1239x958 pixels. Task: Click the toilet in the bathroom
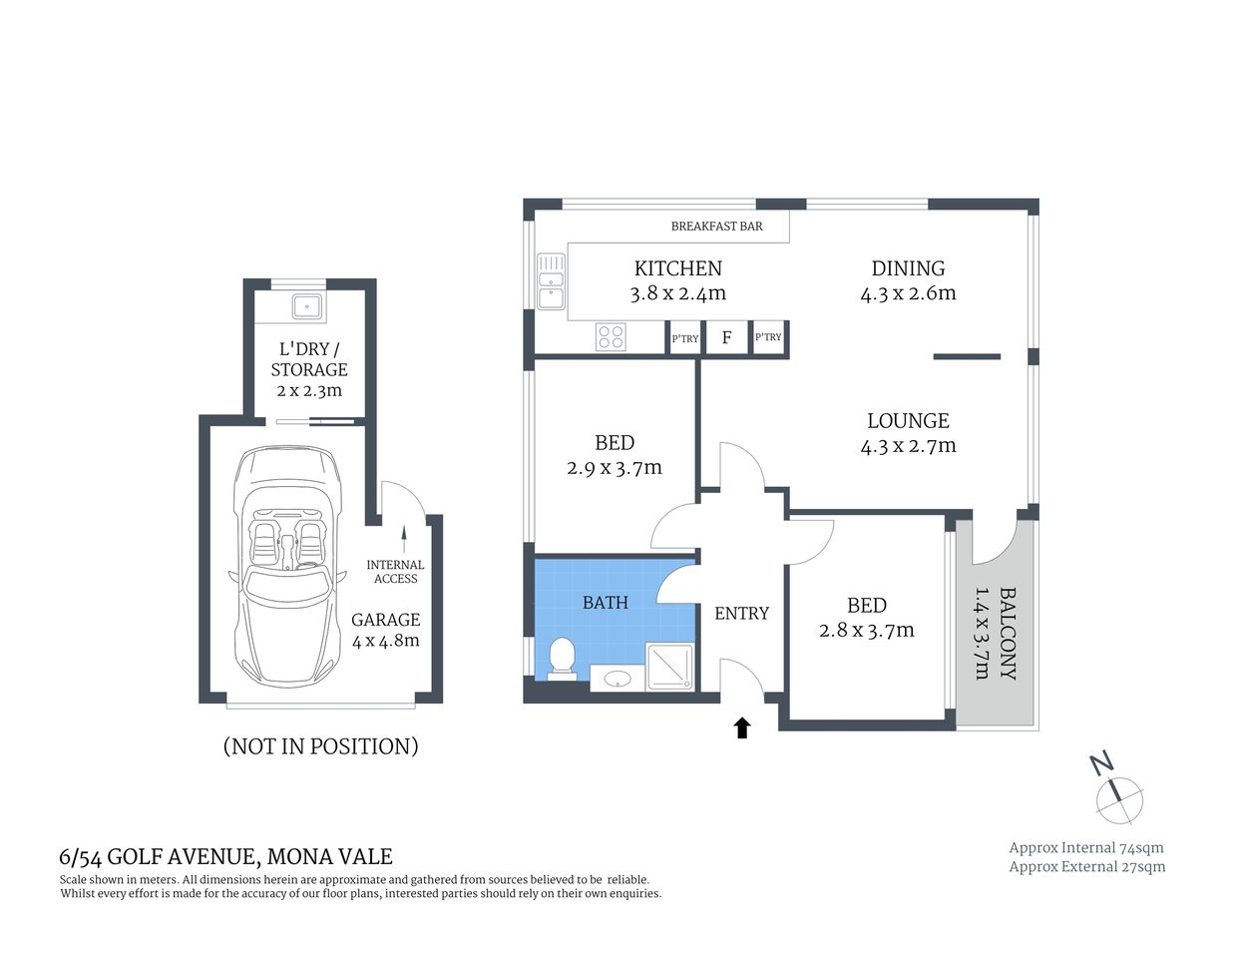563,659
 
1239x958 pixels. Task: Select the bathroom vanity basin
618,680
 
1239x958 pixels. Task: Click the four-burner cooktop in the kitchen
611,337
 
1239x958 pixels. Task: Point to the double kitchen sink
550,281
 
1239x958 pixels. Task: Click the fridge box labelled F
726,337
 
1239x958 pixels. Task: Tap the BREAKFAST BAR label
716,227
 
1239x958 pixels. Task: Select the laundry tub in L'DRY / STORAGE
306,306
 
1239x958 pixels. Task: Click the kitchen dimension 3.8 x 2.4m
677,293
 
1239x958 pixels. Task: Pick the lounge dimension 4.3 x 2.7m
908,446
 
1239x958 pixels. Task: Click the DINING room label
908,267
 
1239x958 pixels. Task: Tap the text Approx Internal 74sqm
1085,847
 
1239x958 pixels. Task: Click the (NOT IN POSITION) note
320,746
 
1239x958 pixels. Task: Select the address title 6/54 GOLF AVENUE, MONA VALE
226,856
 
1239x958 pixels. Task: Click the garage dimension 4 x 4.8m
385,641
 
